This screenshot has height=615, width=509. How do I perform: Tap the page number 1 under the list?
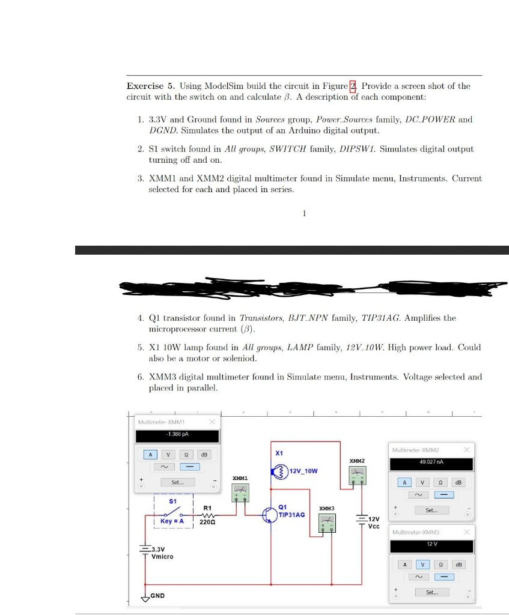point(305,213)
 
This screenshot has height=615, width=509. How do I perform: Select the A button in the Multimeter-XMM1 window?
point(150,455)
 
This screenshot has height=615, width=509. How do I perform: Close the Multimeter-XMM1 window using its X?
point(212,422)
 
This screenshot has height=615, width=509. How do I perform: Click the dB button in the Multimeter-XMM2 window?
point(460,482)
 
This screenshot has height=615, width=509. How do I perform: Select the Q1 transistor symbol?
point(270,515)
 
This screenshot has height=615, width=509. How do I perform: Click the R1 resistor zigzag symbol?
point(207,515)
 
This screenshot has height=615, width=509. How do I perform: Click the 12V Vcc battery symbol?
point(362,518)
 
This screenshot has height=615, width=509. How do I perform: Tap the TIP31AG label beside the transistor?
point(292,515)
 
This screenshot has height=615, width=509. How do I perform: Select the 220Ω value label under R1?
point(207,522)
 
